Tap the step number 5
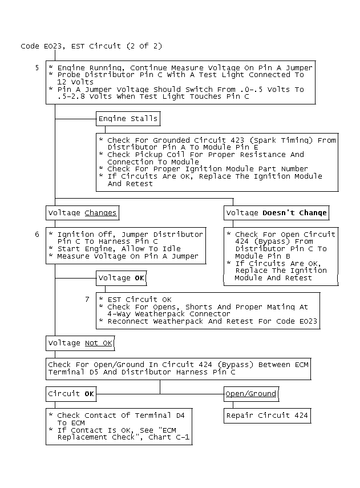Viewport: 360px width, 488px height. tap(37, 67)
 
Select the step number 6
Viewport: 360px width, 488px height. tap(37, 234)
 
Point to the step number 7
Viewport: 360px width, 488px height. tap(87, 299)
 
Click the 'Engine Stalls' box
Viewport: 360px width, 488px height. tap(128, 119)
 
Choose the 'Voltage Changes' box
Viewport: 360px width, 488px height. tap(83, 213)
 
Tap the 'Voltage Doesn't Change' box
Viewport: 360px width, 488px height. tap(277, 213)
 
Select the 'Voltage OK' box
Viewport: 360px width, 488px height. tap(121, 278)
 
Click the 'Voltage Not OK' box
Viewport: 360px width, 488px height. tap(80, 343)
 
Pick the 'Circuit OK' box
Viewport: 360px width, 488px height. tap(71, 394)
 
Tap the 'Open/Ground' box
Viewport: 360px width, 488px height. tap(250, 394)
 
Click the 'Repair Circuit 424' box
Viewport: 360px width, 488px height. tap(267, 416)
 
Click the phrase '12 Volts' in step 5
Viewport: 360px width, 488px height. tap(75, 82)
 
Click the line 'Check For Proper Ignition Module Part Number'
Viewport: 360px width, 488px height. tap(208, 169)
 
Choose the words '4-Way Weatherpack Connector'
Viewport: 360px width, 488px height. tap(169, 314)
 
